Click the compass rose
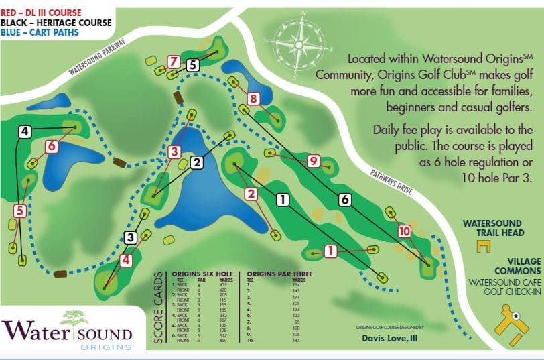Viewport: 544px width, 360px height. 299,43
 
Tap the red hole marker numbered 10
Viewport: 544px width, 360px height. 403,231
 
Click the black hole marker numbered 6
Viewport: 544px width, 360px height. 344,199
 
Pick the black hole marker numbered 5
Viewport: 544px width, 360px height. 193,65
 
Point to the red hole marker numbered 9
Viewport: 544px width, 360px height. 312,160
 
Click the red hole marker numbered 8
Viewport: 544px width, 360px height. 253,99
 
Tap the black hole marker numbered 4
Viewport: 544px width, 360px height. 25,131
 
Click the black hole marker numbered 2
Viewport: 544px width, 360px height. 196,162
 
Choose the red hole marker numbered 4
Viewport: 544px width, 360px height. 125,260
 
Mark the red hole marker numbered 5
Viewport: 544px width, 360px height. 19,211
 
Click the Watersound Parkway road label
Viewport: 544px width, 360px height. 96,61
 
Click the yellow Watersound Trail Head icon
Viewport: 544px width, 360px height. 479,246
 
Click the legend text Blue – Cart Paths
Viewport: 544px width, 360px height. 40,32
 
